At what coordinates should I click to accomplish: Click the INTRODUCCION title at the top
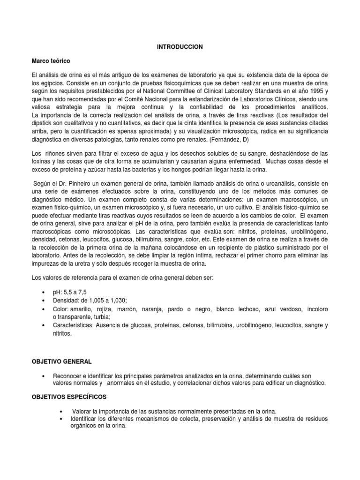(180, 47)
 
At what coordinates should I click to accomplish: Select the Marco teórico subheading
(51, 61)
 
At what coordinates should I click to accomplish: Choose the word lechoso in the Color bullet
(242, 309)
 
